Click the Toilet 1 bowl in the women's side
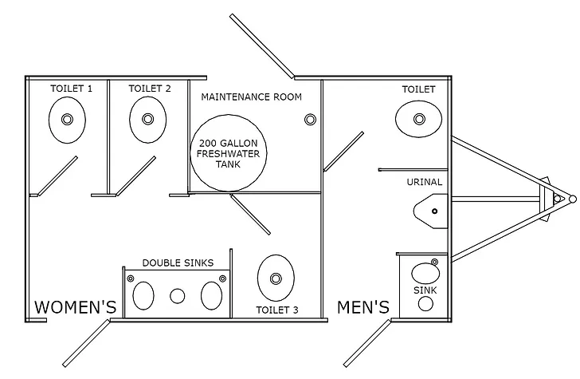[x=67, y=120]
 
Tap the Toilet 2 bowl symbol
[x=147, y=120]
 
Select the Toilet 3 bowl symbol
[x=276, y=278]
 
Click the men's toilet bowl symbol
[x=418, y=120]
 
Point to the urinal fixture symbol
[x=430, y=211]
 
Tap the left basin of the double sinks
[x=143, y=295]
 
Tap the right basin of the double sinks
[x=211, y=295]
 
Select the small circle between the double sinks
[x=178, y=296]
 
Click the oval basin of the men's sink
[x=424, y=274]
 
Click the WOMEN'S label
[x=75, y=307]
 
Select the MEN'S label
[x=363, y=307]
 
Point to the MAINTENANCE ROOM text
[x=251, y=97]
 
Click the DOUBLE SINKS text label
[x=178, y=263]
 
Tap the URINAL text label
[x=424, y=182]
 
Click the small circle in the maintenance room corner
[x=309, y=120]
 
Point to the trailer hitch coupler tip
[x=571, y=198]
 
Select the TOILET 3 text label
[x=276, y=310]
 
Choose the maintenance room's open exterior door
[x=263, y=46]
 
